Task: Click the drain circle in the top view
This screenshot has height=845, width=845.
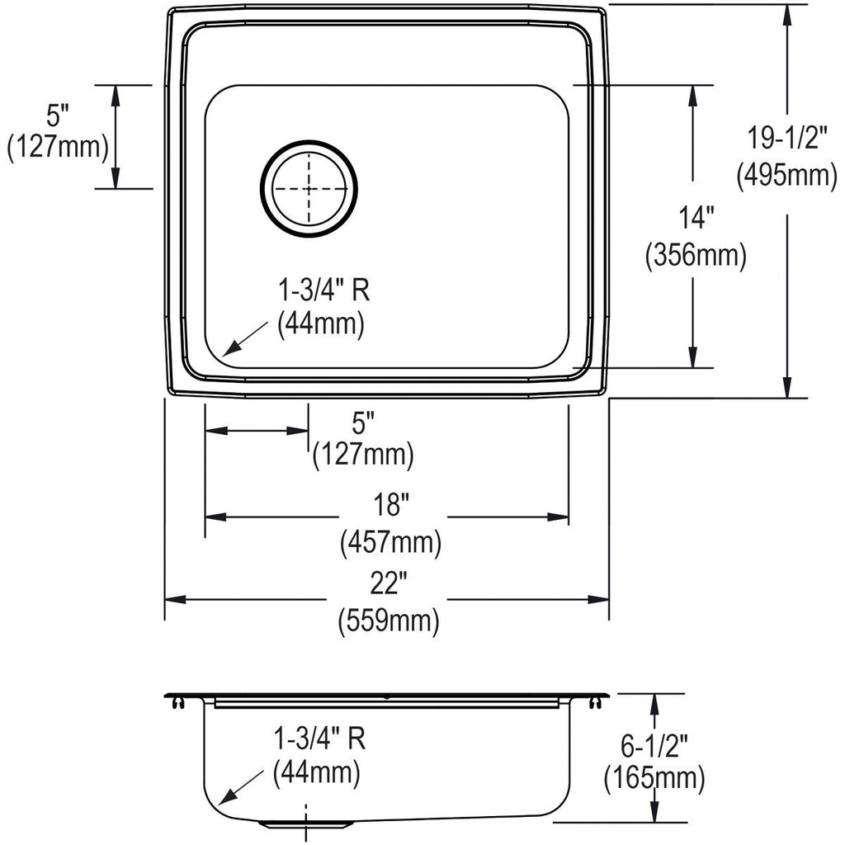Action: coord(309,142)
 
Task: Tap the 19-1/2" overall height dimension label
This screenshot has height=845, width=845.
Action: coord(786,138)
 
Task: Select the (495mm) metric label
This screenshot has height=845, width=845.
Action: coord(786,175)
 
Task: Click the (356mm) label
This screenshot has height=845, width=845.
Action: coord(696,255)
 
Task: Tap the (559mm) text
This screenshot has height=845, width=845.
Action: coord(389,621)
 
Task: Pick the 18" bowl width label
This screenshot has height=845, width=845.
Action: coord(391,505)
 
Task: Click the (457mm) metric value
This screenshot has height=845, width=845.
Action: coord(390,542)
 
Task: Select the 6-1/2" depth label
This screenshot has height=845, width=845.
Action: coord(654,746)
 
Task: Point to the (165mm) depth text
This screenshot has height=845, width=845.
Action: coord(654,778)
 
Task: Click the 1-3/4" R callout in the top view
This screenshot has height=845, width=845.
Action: coord(323,291)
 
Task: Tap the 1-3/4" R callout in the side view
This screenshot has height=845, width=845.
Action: coord(319,739)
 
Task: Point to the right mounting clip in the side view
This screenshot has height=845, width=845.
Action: coord(595,702)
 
